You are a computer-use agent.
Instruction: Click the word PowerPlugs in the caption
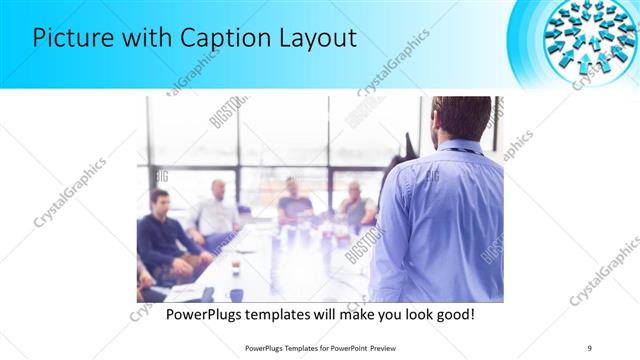(207, 314)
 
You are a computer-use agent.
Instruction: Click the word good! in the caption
(451, 314)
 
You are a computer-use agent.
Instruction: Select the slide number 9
(589, 347)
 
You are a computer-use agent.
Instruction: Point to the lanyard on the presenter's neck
(464, 150)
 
